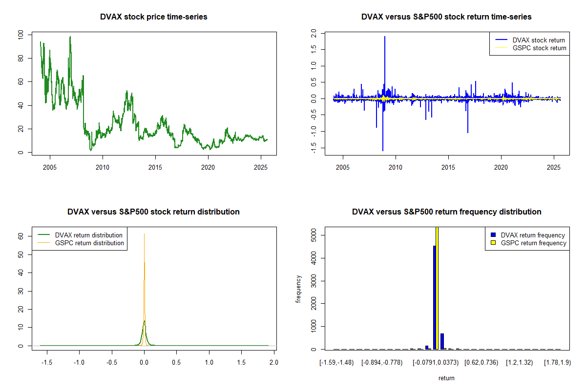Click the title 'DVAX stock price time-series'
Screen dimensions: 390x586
pos(153,17)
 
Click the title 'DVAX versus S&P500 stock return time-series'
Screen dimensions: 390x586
pos(446,17)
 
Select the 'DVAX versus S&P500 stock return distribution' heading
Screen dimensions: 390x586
pos(153,212)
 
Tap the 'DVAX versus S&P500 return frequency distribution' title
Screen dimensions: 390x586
pos(446,212)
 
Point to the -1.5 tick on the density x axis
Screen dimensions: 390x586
pos(47,363)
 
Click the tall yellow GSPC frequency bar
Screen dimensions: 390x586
pos(437,288)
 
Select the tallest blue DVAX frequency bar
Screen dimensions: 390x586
pos(434,297)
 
